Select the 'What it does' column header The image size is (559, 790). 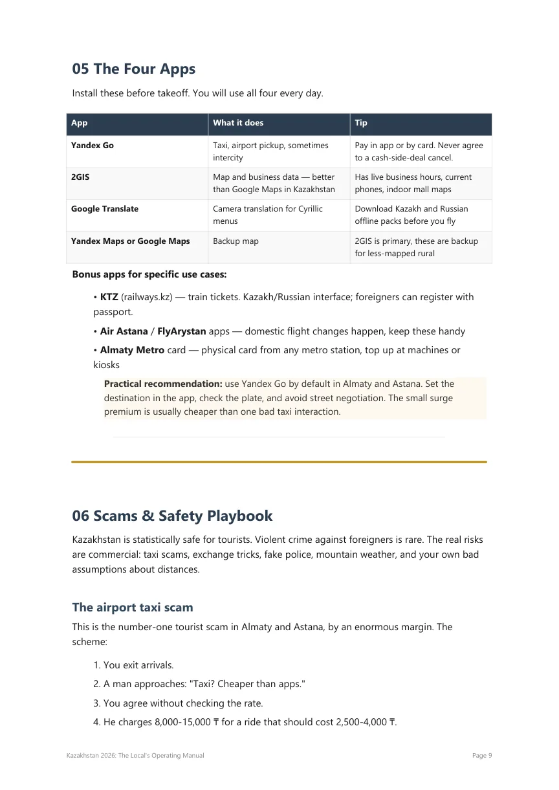[x=238, y=123]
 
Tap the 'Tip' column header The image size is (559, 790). [x=361, y=123]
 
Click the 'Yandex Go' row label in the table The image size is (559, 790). [x=93, y=146]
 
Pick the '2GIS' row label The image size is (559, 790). [x=80, y=177]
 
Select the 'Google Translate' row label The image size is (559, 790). [x=105, y=209]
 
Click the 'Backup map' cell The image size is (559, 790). [x=236, y=241]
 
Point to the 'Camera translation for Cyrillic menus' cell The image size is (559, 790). [x=267, y=215]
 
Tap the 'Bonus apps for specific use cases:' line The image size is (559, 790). [x=149, y=274]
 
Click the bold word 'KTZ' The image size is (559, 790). [x=109, y=297]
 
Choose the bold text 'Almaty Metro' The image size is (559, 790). [x=132, y=350]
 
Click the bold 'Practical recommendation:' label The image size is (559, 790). [x=163, y=384]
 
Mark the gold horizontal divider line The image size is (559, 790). [x=279, y=462]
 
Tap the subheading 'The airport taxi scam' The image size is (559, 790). [x=133, y=607]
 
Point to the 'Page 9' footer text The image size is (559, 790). [x=483, y=756]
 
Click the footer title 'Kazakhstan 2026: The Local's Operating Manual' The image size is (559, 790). [x=135, y=756]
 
